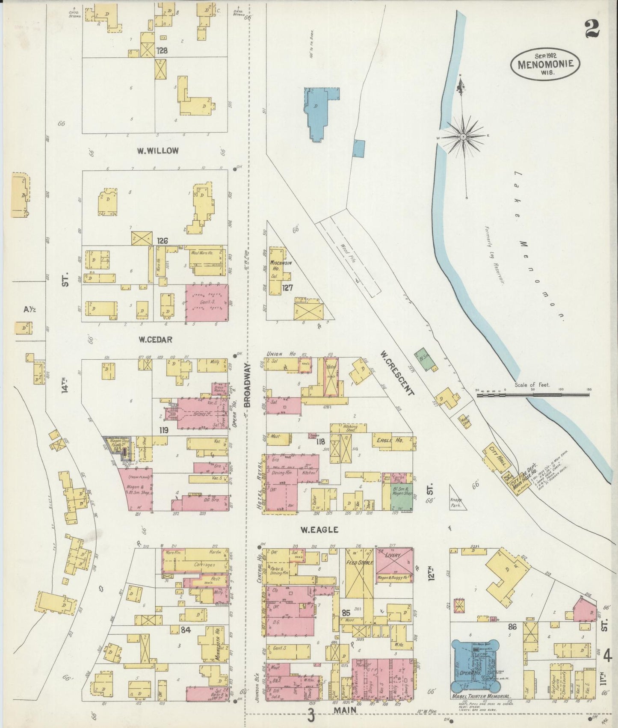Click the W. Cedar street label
coord(155,340)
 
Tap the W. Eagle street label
coord(319,530)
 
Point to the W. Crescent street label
coord(397,373)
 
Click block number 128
coord(161,50)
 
